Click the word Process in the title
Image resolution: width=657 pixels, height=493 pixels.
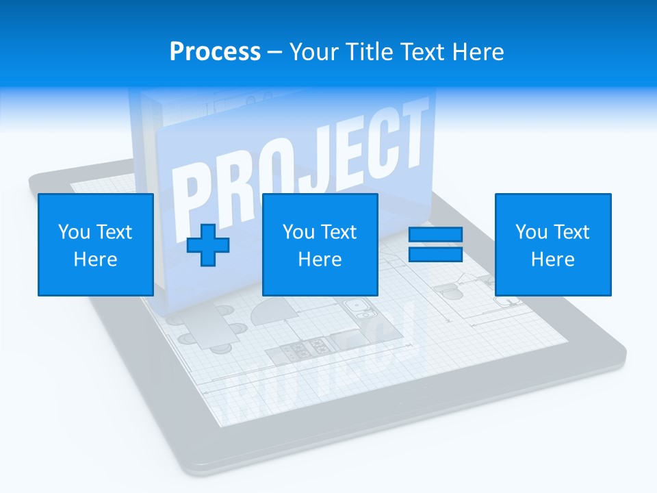[215, 51]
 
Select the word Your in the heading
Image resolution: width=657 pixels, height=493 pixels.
[315, 51]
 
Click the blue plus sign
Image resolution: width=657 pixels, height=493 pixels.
[208, 244]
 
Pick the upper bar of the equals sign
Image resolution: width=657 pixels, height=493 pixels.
[435, 235]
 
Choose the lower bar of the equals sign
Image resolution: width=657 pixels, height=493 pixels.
[435, 254]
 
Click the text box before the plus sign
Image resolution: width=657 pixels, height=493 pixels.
[95, 244]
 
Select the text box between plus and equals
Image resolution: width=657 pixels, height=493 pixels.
[320, 244]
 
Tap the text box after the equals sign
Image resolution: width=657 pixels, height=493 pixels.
[552, 244]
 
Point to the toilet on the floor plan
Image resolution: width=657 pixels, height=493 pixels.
[449, 290]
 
